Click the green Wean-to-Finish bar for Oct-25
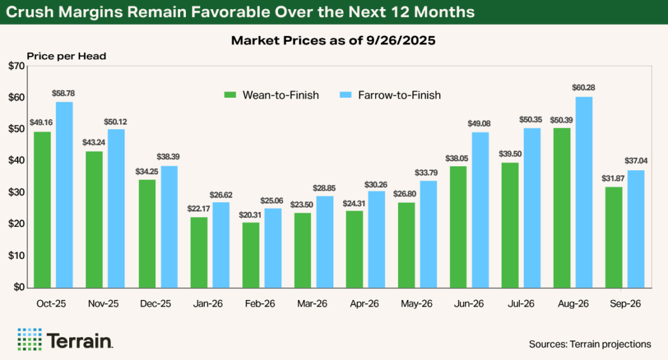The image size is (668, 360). [x=42, y=209]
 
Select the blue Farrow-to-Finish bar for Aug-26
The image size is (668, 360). [x=584, y=192]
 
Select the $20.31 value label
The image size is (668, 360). [x=250, y=215]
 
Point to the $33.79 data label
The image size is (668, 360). [x=428, y=173]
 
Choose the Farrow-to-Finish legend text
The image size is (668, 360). [x=399, y=95]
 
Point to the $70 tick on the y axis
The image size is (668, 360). [x=16, y=66]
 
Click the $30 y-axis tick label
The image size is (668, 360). [x=16, y=192]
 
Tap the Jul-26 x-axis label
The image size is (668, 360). [x=521, y=304]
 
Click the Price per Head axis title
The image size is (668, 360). [x=66, y=56]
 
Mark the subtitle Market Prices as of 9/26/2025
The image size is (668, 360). [x=333, y=41]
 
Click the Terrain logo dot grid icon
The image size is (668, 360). [x=29, y=339]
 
